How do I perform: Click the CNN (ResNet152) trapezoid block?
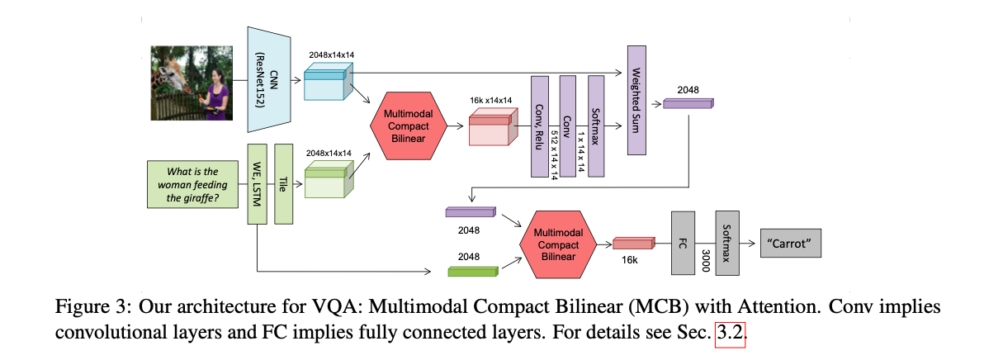(x=267, y=78)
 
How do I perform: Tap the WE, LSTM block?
(x=258, y=183)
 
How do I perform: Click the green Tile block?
(x=285, y=183)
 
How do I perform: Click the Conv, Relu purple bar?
(x=540, y=125)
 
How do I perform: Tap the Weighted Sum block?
(x=636, y=99)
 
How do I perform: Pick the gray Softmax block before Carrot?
(x=726, y=244)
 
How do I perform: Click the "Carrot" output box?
(x=790, y=244)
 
